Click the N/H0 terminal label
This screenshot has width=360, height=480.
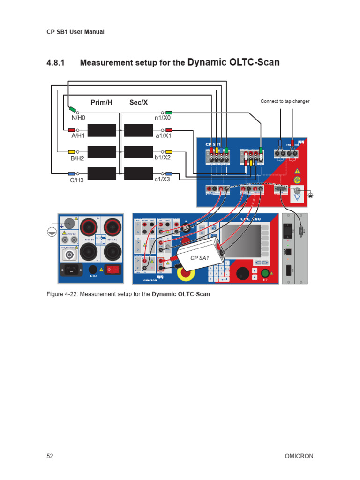click(x=78, y=119)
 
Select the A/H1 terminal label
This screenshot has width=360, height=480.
click(x=78, y=136)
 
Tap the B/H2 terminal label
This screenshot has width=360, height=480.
click(x=77, y=158)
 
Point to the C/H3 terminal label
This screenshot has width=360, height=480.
click(x=77, y=180)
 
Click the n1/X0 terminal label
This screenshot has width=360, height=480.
click(x=163, y=119)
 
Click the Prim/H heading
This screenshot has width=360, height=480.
click(x=102, y=102)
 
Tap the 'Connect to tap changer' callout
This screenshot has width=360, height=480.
click(x=285, y=101)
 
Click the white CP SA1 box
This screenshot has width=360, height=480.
click(x=200, y=258)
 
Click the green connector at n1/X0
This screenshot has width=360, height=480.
click(x=169, y=112)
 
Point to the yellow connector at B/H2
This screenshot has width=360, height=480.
click(x=72, y=152)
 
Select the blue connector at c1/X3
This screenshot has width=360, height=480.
click(x=169, y=173)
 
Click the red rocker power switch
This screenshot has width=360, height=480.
click(x=112, y=270)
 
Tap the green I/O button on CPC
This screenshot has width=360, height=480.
click(x=265, y=273)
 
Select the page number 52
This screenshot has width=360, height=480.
click(x=50, y=456)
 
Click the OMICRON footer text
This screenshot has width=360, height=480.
click(x=299, y=456)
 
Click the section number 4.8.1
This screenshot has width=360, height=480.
click(x=57, y=63)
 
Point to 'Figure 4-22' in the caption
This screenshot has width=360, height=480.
click(x=63, y=294)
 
